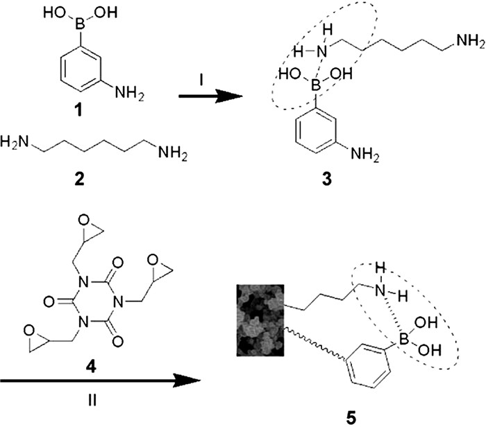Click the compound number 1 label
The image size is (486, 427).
click(x=80, y=110)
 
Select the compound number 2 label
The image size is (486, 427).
click(x=79, y=179)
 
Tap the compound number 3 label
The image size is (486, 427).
click(x=327, y=179)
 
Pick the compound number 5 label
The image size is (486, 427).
click(x=351, y=418)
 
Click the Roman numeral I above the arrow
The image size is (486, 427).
click(x=201, y=81)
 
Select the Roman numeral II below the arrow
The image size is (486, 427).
click(x=92, y=401)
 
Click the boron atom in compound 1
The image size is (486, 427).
click(x=80, y=25)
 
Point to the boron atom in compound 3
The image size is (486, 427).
click(x=315, y=85)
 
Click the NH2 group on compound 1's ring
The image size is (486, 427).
click(x=129, y=92)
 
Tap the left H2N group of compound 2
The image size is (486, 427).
click(x=14, y=143)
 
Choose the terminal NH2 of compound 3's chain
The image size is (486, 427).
click(x=469, y=42)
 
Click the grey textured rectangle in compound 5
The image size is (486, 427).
click(x=260, y=320)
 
